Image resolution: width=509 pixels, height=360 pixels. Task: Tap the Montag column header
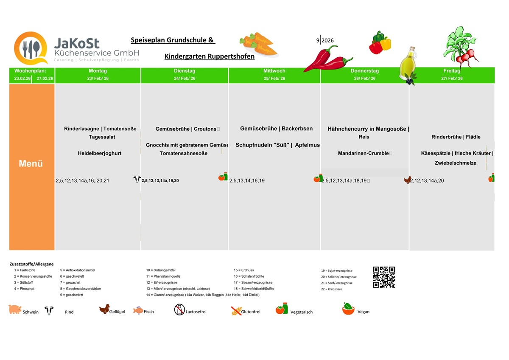coord(98,71)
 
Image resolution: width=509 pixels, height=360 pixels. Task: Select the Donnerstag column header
coord(364,71)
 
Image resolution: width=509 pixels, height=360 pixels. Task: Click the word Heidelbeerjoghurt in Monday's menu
coord(100,153)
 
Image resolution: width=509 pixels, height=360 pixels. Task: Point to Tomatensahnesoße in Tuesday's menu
coord(183,153)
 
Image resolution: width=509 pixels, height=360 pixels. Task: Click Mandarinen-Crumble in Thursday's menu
coord(363,153)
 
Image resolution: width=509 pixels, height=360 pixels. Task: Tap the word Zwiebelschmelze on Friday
coord(455,163)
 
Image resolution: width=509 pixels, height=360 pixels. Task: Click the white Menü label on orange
coord(31,164)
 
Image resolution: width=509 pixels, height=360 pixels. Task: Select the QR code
coord(384,277)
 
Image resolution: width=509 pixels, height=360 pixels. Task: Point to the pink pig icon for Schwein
coord(15,309)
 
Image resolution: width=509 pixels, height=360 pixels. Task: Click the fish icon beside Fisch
coord(138,310)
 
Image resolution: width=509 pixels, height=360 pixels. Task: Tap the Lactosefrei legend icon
coord(179,310)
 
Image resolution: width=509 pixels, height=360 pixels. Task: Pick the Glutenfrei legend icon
coord(236,311)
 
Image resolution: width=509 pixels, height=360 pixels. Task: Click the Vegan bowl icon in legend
coord(348,309)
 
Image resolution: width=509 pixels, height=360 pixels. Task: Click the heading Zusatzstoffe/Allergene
coord(32,264)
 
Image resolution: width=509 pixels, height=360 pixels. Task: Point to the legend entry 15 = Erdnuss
coord(244,270)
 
